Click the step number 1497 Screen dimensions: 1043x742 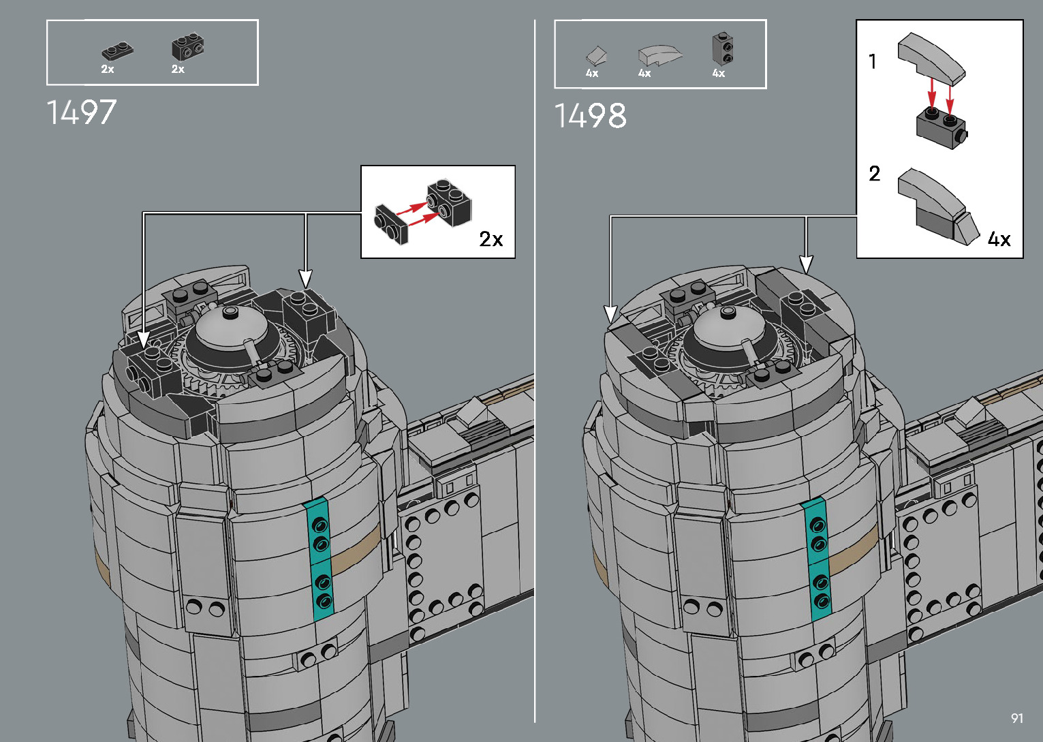tap(82, 112)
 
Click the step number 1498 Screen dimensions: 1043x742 tap(591, 116)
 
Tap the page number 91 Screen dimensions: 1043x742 tap(1017, 718)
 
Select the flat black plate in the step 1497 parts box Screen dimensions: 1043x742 tap(117, 51)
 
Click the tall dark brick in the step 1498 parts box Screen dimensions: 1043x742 tap(723, 48)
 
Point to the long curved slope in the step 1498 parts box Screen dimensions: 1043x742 tap(659, 55)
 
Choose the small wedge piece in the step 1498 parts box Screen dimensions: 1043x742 tap(597, 55)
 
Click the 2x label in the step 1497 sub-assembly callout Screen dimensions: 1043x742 tap(491, 239)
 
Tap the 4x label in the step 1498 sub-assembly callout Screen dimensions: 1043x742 tap(999, 239)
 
